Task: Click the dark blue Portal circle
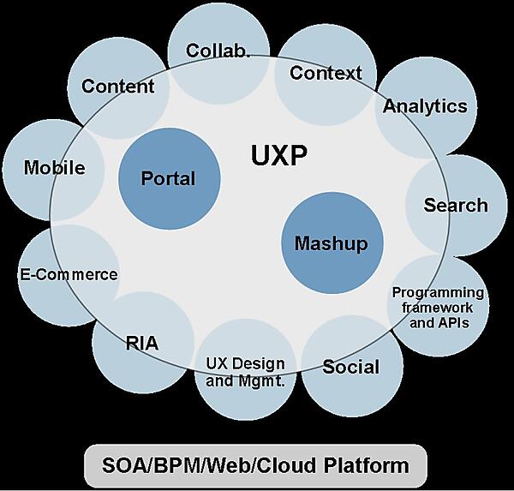click(x=169, y=179)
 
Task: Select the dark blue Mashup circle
click(x=331, y=243)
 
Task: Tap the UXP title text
click(x=279, y=156)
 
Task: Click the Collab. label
click(x=218, y=51)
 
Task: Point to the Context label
click(x=326, y=73)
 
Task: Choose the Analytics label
click(x=425, y=106)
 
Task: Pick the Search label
click(x=456, y=205)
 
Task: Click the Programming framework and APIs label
click(x=438, y=308)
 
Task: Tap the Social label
click(x=350, y=367)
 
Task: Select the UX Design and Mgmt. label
click(x=245, y=371)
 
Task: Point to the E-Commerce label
click(x=69, y=275)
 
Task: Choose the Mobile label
click(x=55, y=167)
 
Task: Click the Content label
click(x=118, y=86)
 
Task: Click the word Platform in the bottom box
click(x=362, y=466)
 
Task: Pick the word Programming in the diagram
click(x=438, y=293)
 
